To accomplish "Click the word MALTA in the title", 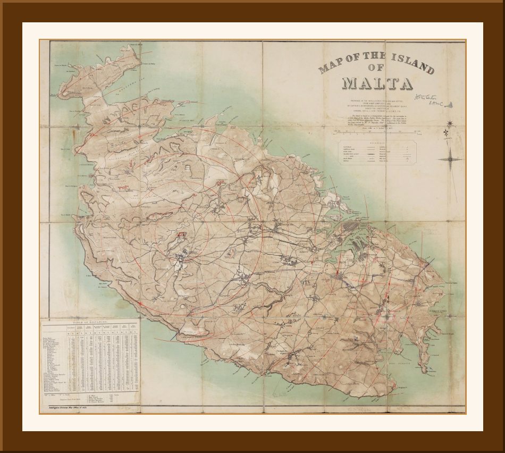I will click(x=377, y=84).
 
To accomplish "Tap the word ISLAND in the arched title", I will click(x=409, y=63).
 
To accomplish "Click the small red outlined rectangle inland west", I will click(x=181, y=233).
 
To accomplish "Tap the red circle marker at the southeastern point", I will click(x=394, y=385).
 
